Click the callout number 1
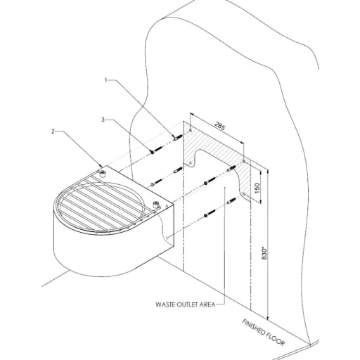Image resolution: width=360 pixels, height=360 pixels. pyautogui.click(x=105, y=80)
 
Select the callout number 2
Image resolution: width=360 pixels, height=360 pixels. pyautogui.click(x=53, y=131)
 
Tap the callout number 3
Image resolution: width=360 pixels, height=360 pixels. pyautogui.click(x=103, y=120)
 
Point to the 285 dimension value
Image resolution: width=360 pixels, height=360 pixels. pyautogui.click(x=219, y=127)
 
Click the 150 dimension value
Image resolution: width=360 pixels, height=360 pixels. pyautogui.click(x=257, y=188)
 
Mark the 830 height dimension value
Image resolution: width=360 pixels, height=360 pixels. pyautogui.click(x=264, y=253)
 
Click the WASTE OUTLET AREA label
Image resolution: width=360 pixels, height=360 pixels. pyautogui.click(x=186, y=304)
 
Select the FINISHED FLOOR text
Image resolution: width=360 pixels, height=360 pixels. pyautogui.click(x=264, y=332)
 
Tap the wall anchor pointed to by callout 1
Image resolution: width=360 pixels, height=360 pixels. pyautogui.click(x=178, y=137)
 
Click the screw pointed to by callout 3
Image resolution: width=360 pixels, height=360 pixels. pyautogui.click(x=157, y=150)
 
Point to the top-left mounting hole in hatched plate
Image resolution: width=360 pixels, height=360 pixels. pyautogui.click(x=191, y=130)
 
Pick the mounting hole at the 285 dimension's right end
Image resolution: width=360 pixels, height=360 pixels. pyautogui.click(x=244, y=161)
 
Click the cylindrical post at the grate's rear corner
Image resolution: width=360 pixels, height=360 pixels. pyautogui.click(x=102, y=174)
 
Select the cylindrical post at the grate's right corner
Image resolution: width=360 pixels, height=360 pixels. pyautogui.click(x=155, y=205)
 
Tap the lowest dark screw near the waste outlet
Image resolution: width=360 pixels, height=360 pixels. pyautogui.click(x=210, y=214)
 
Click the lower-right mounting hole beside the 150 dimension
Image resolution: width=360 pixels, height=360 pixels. pyautogui.click(x=244, y=193)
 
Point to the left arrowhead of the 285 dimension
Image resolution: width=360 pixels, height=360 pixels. pyautogui.click(x=192, y=114)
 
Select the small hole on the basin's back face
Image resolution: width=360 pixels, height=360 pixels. pyautogui.click(x=167, y=238)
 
